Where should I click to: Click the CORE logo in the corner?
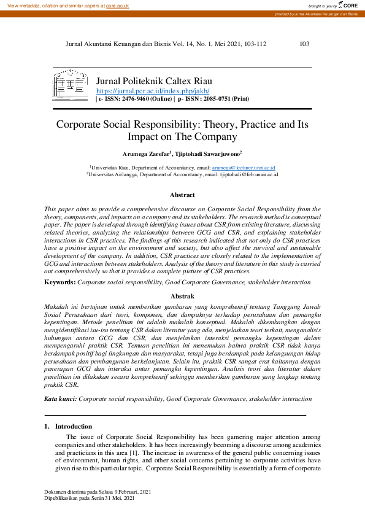pos(349,5)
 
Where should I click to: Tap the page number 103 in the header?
pos(304,44)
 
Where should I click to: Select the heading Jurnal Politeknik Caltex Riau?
pos(155,81)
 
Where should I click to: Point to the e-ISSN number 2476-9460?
pos(144,98)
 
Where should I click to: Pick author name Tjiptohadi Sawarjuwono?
pos(206,154)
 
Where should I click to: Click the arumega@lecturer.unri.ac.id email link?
pos(243,167)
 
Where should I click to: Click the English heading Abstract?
pos(182,195)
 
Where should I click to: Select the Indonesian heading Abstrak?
pos(182,295)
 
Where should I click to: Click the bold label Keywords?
pos(60,282)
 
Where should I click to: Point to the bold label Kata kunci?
pos(61,398)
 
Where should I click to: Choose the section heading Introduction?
pos(74,426)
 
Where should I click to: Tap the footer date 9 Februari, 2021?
pos(131,492)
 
